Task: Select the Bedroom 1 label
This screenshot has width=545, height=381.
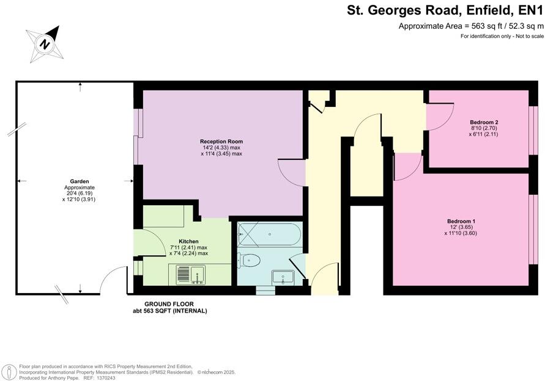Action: [x=461, y=220]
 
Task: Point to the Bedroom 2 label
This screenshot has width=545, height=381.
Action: [x=484, y=122]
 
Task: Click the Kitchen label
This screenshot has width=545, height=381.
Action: [x=188, y=241]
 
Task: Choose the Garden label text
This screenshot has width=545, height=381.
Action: [x=79, y=181]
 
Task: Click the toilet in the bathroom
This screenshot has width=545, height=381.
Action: [x=249, y=261]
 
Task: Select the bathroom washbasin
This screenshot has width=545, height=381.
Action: [x=283, y=277]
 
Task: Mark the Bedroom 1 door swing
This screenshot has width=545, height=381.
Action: [x=407, y=166]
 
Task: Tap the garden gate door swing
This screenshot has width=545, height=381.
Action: [x=113, y=281]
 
